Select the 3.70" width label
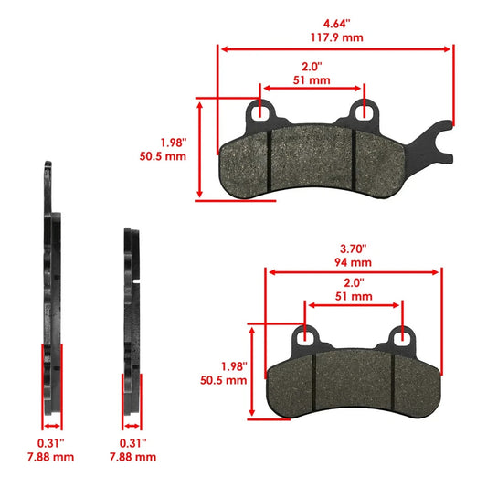(354, 247)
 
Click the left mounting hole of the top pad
(261, 111)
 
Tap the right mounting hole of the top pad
(365, 111)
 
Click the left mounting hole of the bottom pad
(304, 337)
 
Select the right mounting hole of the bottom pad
(403, 337)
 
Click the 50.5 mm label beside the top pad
(172, 156)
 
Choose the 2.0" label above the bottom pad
(354, 282)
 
